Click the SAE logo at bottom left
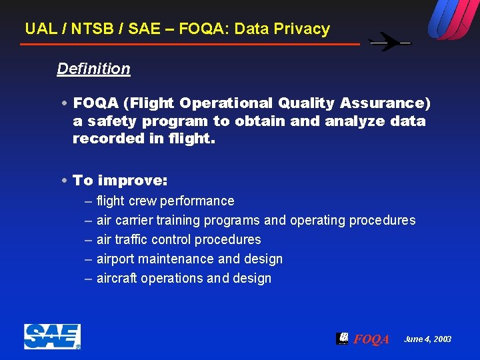[x=52, y=337]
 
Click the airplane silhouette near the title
[x=390, y=43]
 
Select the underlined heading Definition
[x=93, y=69]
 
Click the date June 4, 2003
[x=427, y=339]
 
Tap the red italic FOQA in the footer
[x=371, y=339]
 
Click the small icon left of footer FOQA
[x=342, y=338]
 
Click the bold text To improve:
[x=120, y=181]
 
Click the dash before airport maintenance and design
[x=89, y=259]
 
